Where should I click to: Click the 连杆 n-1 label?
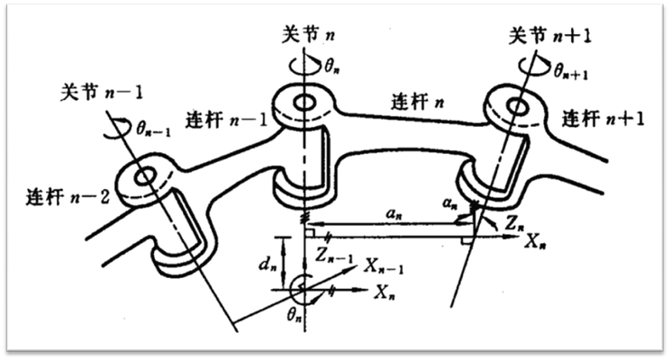pyautogui.click(x=222, y=120)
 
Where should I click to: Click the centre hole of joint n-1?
pyautogui.click(x=144, y=177)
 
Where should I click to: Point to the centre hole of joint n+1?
pyautogui.click(x=517, y=107)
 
